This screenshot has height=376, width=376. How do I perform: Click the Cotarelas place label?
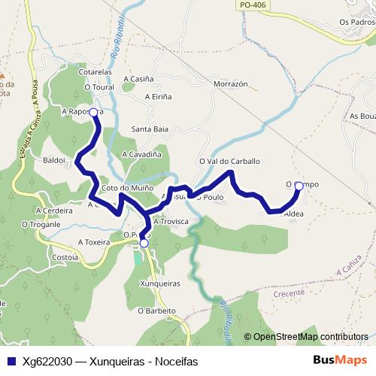[95, 72]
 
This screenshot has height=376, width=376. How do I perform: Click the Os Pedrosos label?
[356, 22]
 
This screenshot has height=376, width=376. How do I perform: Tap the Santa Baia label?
[150, 129]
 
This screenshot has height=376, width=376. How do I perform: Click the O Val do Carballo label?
[229, 161]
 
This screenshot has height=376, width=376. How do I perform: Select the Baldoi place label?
[56, 160]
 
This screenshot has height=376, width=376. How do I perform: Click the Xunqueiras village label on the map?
[160, 284]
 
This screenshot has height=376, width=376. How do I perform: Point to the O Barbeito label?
[157, 310]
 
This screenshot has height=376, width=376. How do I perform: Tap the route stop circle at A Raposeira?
[94, 112]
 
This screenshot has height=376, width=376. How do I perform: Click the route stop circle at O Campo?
[299, 186]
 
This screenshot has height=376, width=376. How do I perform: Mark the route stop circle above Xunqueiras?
[144, 243]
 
